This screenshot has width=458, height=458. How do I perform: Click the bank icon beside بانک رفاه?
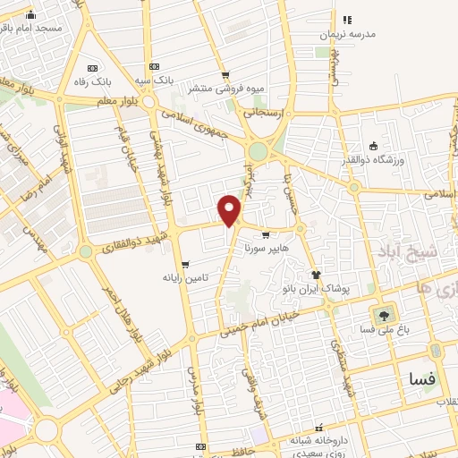pos(93,67)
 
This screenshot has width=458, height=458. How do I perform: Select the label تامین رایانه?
pos(186,277)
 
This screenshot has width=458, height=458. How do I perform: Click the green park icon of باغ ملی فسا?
pos(385,314)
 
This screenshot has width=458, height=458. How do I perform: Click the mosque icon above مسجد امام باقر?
pos(31,14)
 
